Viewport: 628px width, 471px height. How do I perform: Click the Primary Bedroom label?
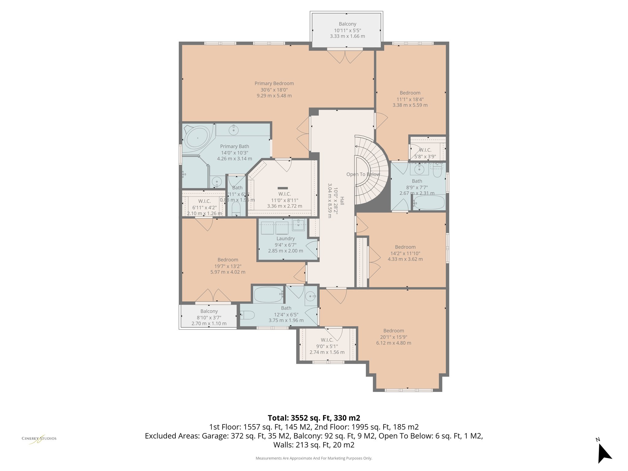[274, 83]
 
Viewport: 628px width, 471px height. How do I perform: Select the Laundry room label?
[285, 239]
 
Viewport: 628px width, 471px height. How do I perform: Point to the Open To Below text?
[363, 174]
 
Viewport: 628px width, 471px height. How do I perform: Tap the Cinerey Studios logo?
[39, 439]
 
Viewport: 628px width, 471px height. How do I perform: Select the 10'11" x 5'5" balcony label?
[347, 30]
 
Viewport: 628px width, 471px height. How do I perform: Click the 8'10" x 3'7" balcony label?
[209, 317]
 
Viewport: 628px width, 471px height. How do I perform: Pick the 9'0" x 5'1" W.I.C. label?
[327, 346]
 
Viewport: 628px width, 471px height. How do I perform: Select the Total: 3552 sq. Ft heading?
[314, 418]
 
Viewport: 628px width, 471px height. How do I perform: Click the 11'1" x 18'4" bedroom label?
[410, 99]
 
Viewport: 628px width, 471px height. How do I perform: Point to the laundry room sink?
[298, 224]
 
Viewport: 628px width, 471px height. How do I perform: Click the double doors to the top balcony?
[345, 57]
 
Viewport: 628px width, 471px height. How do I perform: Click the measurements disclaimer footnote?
[314, 458]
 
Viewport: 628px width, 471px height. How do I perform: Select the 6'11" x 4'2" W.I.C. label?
[204, 207]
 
